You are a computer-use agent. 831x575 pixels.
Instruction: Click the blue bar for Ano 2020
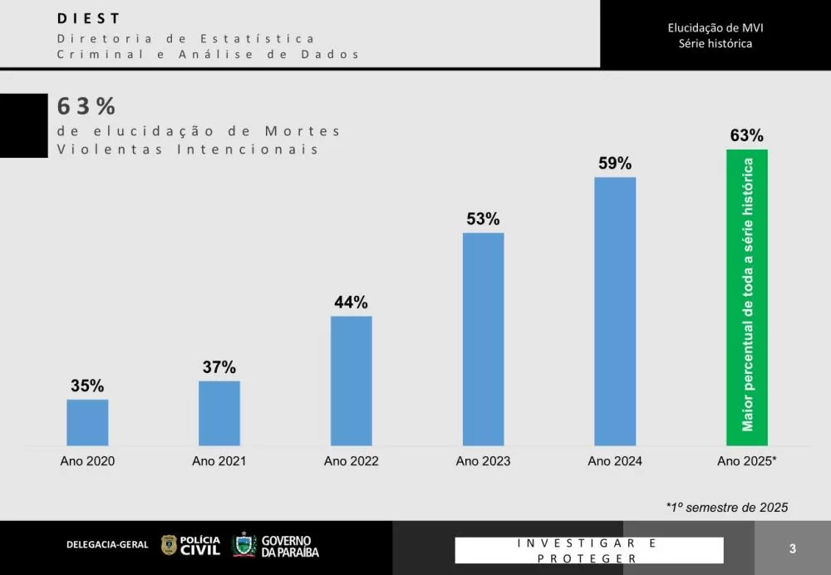tap(87, 422)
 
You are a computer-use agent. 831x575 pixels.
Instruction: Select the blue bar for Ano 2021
tap(219, 413)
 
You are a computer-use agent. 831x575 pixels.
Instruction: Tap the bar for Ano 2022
tap(351, 381)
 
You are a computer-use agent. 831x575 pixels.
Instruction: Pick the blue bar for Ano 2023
tap(483, 339)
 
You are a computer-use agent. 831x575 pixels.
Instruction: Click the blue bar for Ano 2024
tap(615, 312)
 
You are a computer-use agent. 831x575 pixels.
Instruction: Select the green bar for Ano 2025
tap(747, 297)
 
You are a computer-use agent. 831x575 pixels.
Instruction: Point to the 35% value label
tap(87, 386)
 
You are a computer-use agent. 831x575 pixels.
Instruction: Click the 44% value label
tap(351, 302)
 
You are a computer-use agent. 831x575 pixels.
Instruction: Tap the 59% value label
tap(615, 164)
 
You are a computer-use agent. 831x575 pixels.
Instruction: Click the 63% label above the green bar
tap(747, 135)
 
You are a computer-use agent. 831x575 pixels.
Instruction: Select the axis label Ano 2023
tap(483, 461)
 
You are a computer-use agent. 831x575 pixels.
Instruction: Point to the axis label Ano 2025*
tap(747, 461)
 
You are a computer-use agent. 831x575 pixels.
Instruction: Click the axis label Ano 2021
tap(219, 461)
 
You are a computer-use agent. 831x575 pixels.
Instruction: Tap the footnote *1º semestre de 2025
tap(726, 507)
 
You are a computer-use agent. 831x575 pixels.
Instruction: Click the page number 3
tap(793, 548)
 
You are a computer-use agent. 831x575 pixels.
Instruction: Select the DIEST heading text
tap(89, 18)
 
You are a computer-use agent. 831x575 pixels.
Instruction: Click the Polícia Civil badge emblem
tap(169, 545)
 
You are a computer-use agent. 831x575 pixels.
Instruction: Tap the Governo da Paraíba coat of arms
tap(244, 545)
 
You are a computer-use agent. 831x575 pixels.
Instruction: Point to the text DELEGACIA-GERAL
tap(107, 545)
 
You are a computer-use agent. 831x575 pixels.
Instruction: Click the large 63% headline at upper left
tap(86, 106)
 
